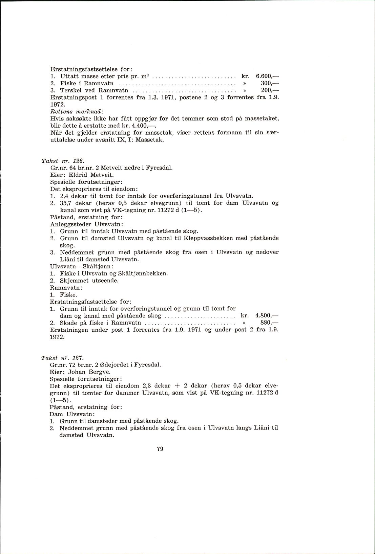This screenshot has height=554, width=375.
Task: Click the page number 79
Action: point(160,449)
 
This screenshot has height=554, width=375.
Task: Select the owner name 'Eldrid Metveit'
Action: point(91,175)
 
